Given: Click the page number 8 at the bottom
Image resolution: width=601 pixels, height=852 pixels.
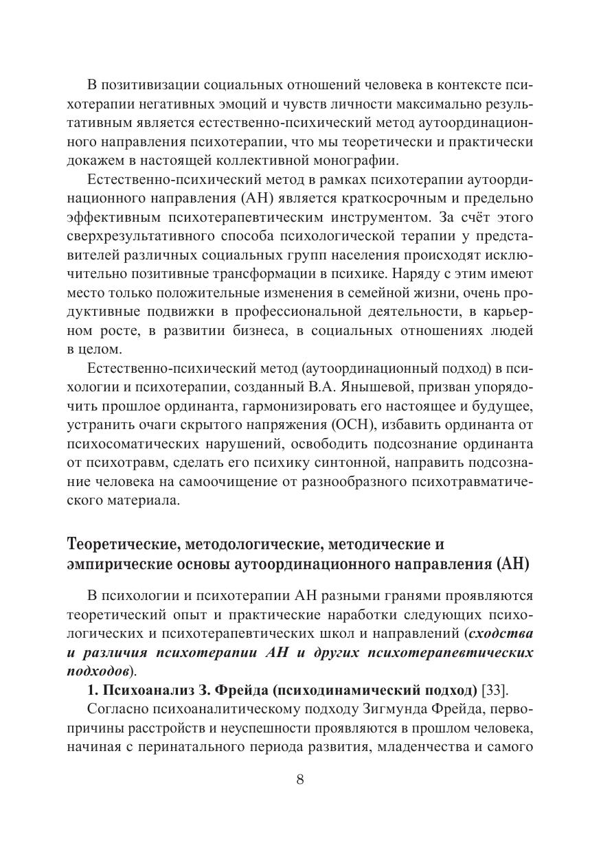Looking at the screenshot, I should pyautogui.click(x=299, y=779).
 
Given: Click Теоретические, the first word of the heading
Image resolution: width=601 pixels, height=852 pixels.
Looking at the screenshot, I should pyautogui.click(x=124, y=544).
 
